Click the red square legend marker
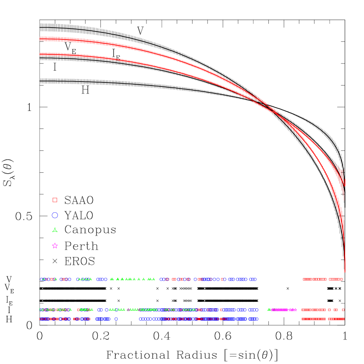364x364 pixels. click(55, 200)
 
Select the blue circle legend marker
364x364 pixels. click(55, 215)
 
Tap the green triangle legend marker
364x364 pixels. click(55, 230)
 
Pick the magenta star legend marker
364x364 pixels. click(55, 246)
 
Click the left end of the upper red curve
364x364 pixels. click(40, 39)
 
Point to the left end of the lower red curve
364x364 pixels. click(40, 54)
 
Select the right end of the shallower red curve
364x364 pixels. click(345, 182)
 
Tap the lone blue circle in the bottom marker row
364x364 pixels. click(116, 319)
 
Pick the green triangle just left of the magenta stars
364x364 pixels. click(269, 310)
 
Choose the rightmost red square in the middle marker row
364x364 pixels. click(343, 310)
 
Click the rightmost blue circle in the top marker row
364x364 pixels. click(255, 279)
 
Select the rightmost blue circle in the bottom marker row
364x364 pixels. click(257, 319)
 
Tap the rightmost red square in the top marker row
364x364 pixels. click(341, 279)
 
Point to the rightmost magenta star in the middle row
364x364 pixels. click(295, 310)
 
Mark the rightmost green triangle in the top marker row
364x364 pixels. click(153, 279)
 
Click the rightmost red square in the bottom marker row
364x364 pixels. click(343, 319)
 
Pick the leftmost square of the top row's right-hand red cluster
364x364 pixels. click(303, 279)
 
